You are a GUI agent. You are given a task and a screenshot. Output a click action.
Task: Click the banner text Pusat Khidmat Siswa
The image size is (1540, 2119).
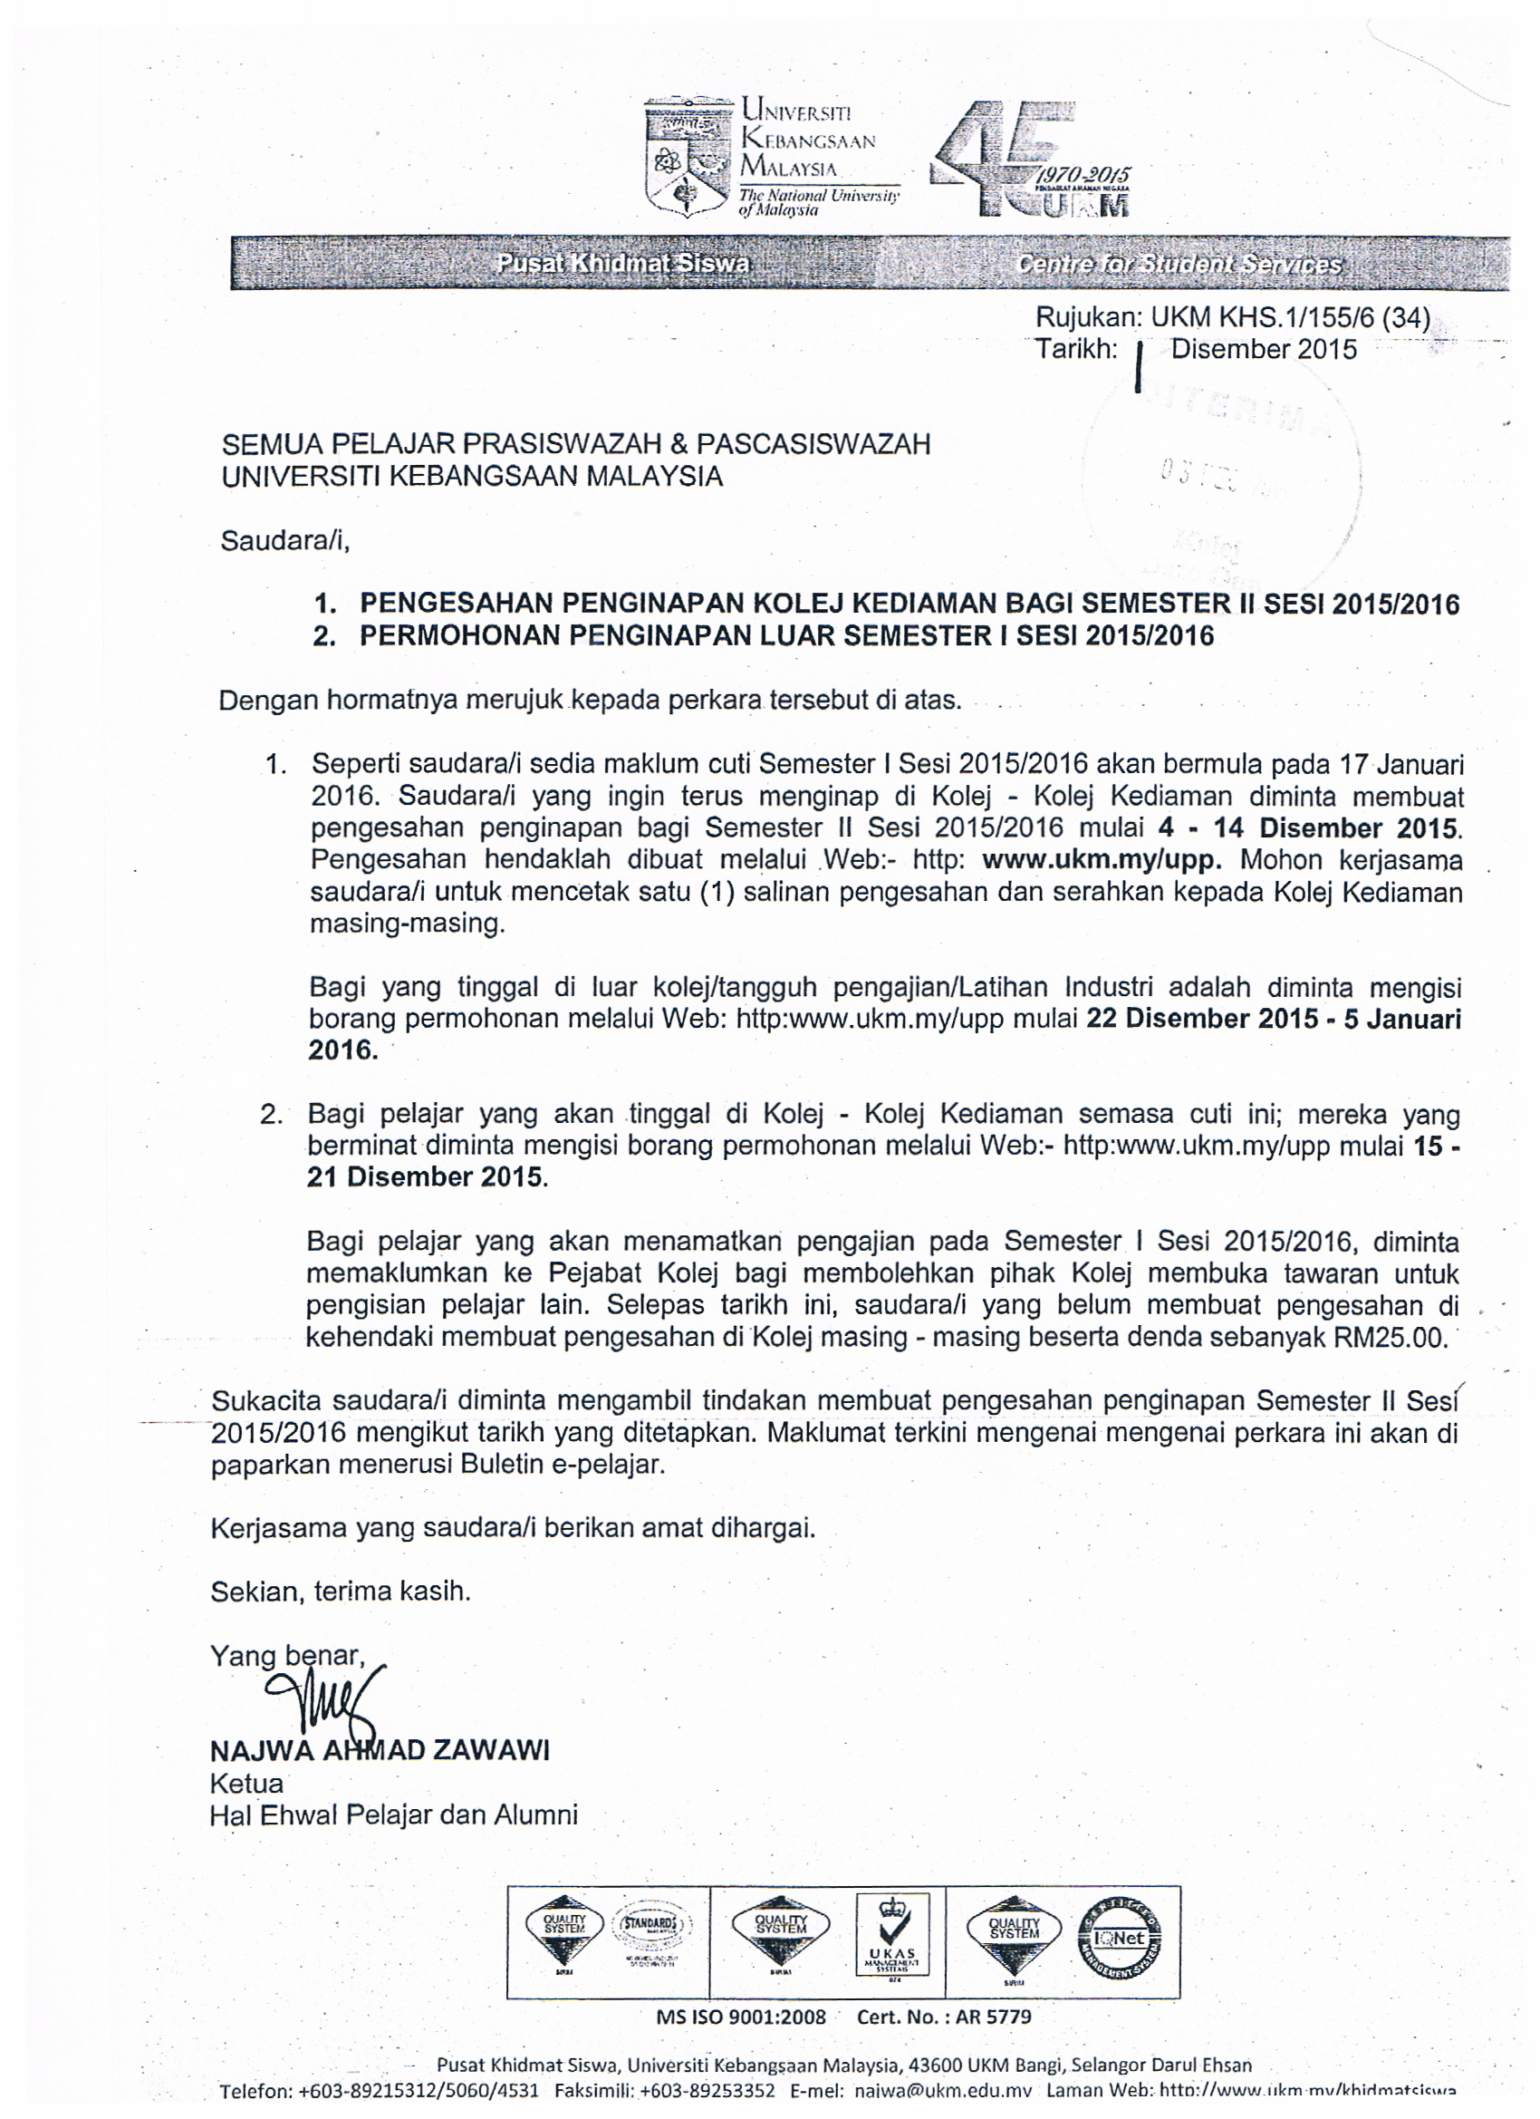coord(623,265)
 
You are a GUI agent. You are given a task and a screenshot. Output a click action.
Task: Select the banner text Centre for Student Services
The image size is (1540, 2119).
coord(1179,265)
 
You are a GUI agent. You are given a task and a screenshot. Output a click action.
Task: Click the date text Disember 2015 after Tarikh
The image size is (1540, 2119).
coord(1263,350)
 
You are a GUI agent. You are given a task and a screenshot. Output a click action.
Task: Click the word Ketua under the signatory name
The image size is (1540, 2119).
coord(246,1783)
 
